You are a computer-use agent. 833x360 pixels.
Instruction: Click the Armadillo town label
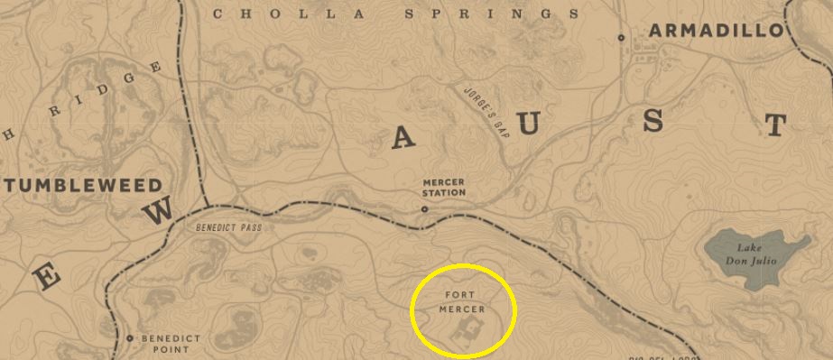point(716,31)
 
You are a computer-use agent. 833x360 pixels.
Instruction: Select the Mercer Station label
point(444,187)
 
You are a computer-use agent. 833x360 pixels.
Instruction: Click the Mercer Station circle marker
point(424,209)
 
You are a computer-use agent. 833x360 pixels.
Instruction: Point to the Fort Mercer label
point(463,301)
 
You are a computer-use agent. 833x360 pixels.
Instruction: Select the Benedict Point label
point(171,344)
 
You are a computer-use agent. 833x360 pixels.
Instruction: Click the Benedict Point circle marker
point(130,338)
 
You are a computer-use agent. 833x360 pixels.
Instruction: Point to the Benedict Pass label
point(227,227)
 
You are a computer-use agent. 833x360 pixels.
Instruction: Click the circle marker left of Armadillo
point(621,37)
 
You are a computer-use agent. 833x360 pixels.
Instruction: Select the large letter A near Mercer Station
point(403,137)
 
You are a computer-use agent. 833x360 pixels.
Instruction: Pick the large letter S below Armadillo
point(654,122)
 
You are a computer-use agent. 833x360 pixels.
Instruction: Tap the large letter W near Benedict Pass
point(159,211)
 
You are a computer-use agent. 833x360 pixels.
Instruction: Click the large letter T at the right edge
point(774,125)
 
